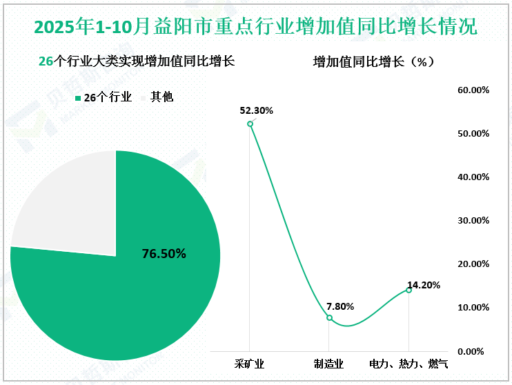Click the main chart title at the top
click(255, 27)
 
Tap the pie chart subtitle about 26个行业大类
click(137, 61)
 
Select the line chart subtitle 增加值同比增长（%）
click(373, 61)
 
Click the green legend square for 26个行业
click(78, 98)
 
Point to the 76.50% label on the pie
click(164, 253)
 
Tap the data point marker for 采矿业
click(250, 124)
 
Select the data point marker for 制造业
click(329, 318)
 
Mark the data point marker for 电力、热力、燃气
click(408, 290)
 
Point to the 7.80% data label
click(339, 306)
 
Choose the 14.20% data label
click(423, 284)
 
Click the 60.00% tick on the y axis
click(473, 90)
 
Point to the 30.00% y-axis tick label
click(473, 221)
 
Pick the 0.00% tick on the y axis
click(475, 351)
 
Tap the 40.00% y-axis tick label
click(473, 177)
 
